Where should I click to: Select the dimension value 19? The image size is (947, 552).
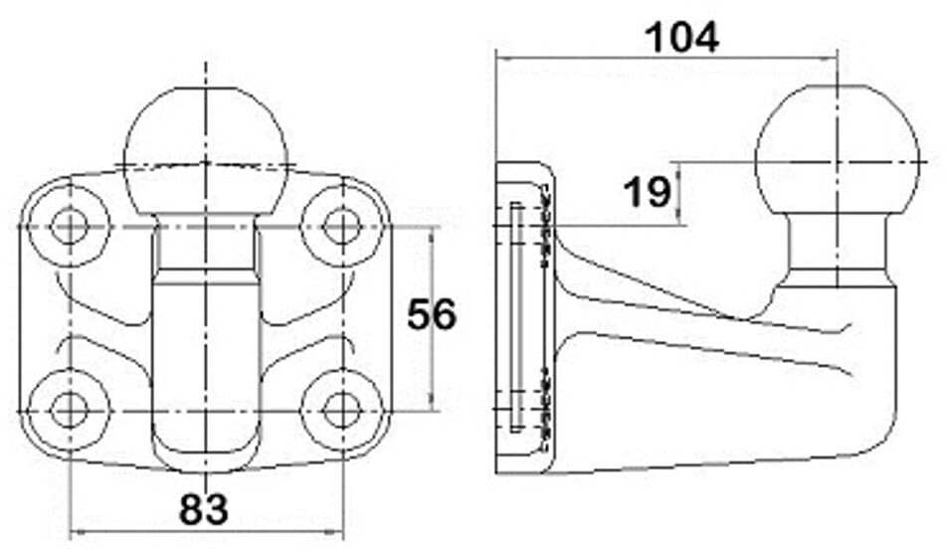(x=647, y=191)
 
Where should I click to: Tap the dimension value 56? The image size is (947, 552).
(x=431, y=314)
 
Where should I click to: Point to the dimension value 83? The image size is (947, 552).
(x=204, y=509)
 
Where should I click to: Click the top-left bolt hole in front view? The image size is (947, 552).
(x=69, y=226)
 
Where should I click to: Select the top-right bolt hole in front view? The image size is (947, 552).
(x=341, y=226)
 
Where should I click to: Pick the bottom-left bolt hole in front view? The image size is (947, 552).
(x=69, y=408)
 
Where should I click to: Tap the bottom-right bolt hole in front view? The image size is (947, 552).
(x=341, y=408)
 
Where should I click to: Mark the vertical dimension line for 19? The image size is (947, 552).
(x=679, y=194)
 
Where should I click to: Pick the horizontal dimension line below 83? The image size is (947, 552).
(x=205, y=527)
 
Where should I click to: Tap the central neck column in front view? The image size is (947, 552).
(x=205, y=358)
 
